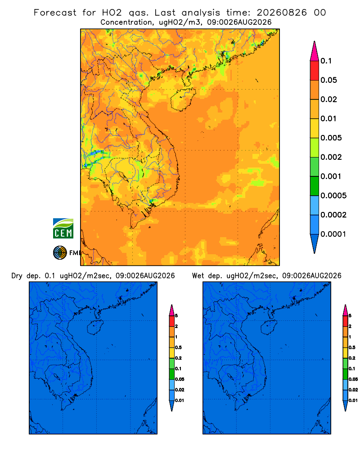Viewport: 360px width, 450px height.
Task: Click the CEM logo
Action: [x=63, y=229]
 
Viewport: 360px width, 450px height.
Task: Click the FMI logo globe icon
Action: [x=60, y=252]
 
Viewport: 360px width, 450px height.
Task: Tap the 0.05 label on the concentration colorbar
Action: [x=328, y=80]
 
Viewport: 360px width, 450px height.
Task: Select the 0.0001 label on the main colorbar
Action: [x=333, y=234]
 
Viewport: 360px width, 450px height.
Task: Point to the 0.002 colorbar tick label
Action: [x=331, y=157]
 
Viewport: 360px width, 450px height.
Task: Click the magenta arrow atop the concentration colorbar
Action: [x=315, y=51]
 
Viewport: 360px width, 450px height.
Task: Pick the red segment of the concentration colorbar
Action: [x=315, y=71]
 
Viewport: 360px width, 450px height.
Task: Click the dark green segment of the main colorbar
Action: [x=315, y=186]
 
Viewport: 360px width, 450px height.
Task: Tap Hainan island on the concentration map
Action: [x=183, y=99]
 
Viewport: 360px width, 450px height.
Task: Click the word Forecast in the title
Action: [x=55, y=13]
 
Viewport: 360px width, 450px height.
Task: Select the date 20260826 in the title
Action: [x=282, y=13]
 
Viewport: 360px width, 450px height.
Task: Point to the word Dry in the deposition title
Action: [x=17, y=276]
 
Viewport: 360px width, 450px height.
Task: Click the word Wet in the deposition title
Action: [x=198, y=276]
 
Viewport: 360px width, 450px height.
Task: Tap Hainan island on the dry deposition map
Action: [x=95, y=328]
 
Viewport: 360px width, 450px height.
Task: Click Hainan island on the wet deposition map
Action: [x=269, y=328]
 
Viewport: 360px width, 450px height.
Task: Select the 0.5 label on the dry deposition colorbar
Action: [x=178, y=347]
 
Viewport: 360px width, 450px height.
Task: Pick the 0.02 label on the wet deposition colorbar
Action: [x=353, y=390]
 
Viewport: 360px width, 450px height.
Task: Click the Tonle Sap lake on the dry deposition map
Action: [x=57, y=376]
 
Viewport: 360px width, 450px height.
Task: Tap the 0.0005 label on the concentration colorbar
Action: [x=333, y=196]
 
